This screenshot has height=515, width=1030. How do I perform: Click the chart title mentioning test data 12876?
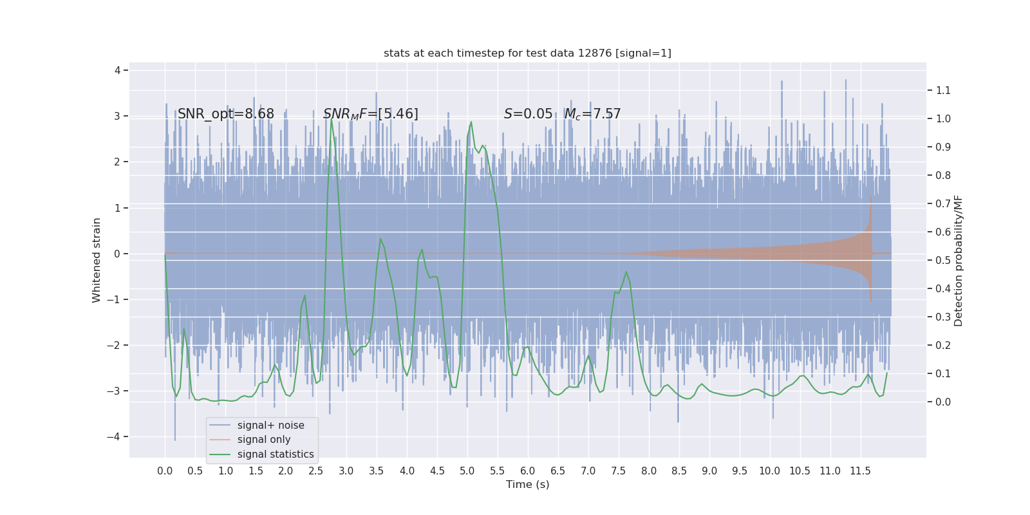tap(527, 53)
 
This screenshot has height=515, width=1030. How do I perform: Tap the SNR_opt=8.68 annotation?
tap(226, 114)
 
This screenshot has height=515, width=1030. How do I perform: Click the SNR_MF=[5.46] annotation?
tap(371, 114)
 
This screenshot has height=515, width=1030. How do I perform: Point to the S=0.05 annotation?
tap(528, 114)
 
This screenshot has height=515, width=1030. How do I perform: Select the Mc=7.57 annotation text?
tap(593, 114)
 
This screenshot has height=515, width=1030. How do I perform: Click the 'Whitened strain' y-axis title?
tap(97, 260)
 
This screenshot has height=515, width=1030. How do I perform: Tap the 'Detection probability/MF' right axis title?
tap(959, 260)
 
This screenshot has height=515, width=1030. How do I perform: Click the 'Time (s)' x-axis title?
tap(527, 484)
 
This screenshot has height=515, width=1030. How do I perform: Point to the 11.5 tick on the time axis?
tap(860, 471)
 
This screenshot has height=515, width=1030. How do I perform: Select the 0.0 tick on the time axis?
tap(165, 471)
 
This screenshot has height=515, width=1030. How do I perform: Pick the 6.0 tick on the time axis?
tap(528, 471)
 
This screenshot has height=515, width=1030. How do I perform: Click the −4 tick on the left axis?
tap(117, 436)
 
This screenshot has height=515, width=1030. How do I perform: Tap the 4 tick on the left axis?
tap(118, 70)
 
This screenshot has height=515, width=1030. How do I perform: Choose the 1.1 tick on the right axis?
tap(943, 90)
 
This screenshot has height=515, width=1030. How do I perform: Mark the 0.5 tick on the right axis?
tap(943, 260)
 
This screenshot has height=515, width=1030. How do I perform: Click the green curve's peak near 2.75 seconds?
tap(332, 120)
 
